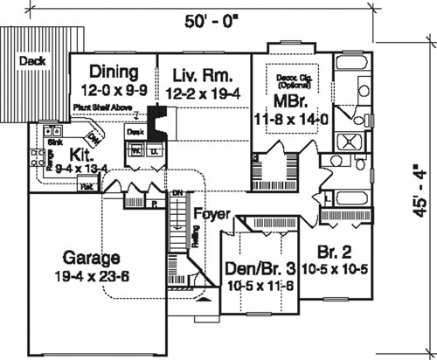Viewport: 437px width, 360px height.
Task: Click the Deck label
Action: coord(32,62)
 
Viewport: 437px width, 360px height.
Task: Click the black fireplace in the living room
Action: coord(158,121)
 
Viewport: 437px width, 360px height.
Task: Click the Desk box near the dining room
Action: coord(135,131)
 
